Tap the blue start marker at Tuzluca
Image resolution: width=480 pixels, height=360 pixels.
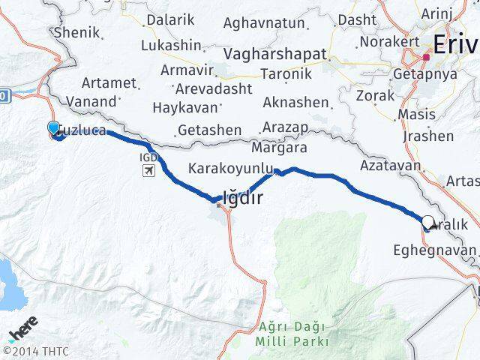pos(53,128)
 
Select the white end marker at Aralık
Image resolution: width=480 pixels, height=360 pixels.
pos(428,221)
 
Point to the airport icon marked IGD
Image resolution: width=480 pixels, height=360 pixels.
pos(148,171)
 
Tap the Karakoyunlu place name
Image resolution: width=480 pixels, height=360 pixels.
pos(229,168)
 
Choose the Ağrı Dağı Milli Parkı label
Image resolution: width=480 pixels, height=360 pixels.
pos(293,334)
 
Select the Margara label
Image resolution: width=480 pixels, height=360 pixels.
pos(280,147)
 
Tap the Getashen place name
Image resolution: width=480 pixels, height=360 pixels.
pos(210,129)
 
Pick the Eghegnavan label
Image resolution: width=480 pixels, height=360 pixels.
pos(435,250)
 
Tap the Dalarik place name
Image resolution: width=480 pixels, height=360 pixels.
pos(169,20)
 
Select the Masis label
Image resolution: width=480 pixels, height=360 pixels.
pos(417,115)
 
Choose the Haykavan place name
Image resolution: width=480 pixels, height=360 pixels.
pos(183,107)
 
